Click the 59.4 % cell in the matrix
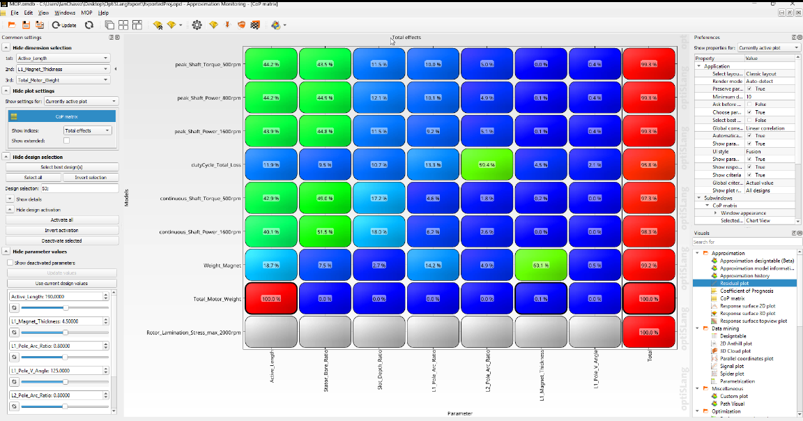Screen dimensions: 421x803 (x=487, y=165)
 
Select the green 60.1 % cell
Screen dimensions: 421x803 (x=542, y=266)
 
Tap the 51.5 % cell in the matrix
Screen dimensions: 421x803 (x=324, y=232)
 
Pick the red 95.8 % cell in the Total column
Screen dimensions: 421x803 (x=649, y=165)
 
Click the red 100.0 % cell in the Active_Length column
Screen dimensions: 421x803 (x=270, y=299)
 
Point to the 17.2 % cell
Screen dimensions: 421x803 (x=378, y=199)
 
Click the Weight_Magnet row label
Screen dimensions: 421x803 (x=222, y=266)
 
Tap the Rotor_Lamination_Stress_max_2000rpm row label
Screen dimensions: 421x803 (x=194, y=332)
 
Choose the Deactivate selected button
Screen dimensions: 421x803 (x=62, y=240)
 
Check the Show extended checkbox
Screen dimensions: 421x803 (x=67, y=140)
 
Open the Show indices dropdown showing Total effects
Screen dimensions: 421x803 (x=87, y=130)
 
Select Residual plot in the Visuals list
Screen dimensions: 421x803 (x=734, y=284)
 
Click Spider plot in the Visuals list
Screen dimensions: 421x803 (x=731, y=374)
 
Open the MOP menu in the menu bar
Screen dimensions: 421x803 (x=87, y=13)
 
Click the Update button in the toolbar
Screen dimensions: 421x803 (x=65, y=25)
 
